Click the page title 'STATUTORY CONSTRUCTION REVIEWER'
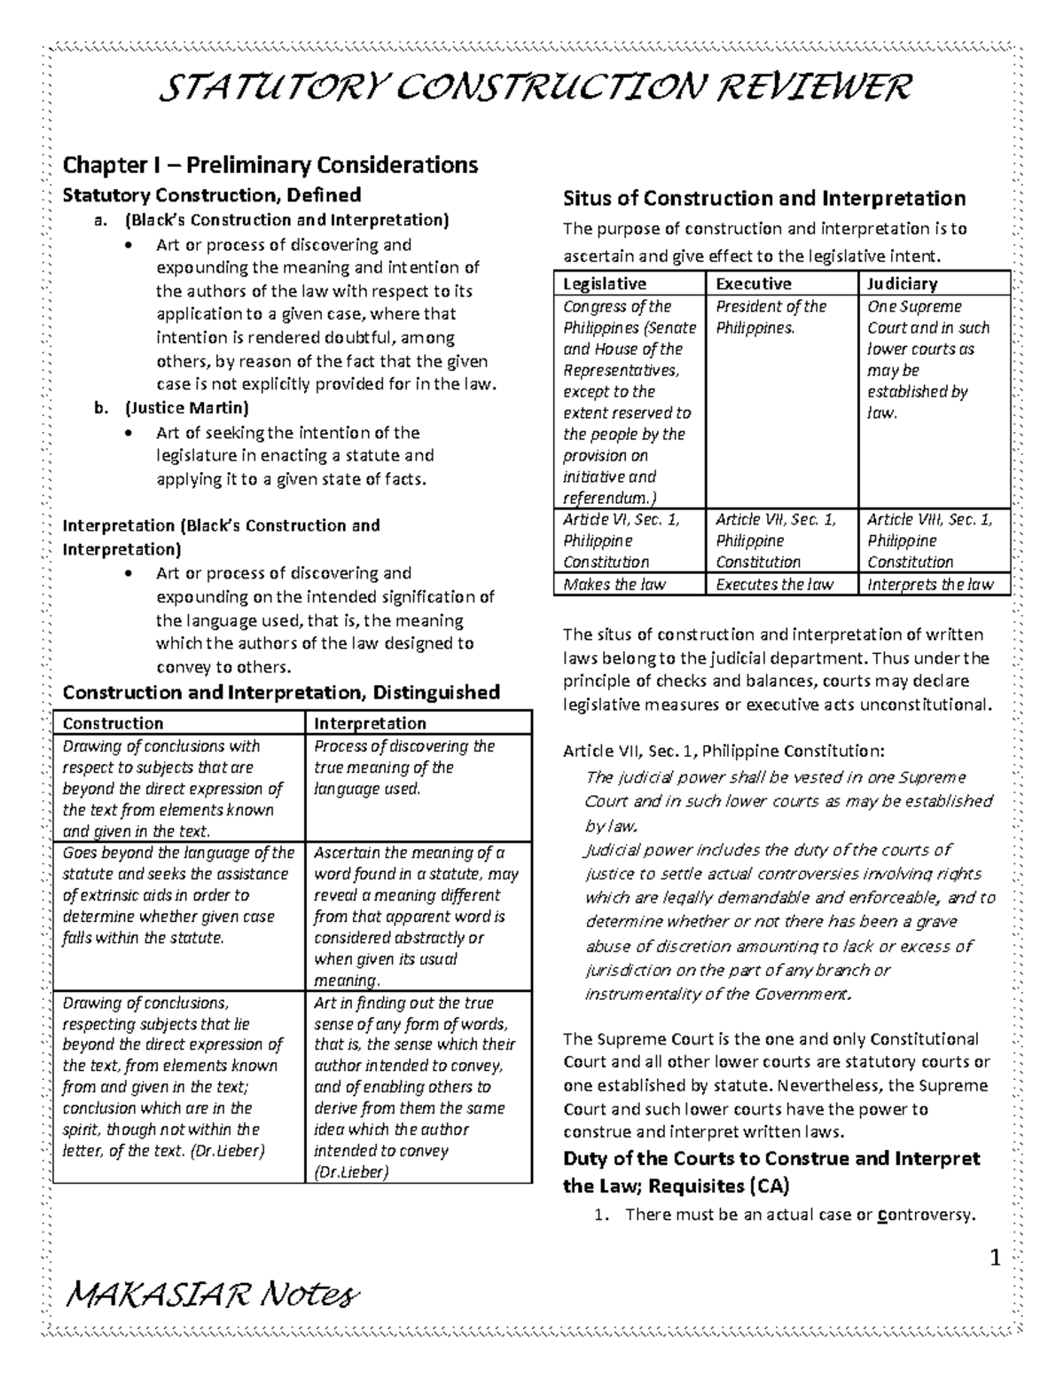[533, 88]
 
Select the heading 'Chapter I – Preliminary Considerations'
[270, 165]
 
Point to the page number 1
[995, 1258]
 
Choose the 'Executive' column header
[753, 284]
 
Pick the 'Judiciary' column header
[902, 284]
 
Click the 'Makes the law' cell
[614, 585]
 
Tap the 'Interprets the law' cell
[930, 585]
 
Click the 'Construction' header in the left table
[113, 723]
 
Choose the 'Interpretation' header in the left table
[370, 723]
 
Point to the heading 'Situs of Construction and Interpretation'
[764, 198]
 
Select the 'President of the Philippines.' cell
[771, 317]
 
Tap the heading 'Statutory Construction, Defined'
[211, 195]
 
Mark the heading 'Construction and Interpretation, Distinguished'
[281, 692]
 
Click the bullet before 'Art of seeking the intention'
[130, 434]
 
